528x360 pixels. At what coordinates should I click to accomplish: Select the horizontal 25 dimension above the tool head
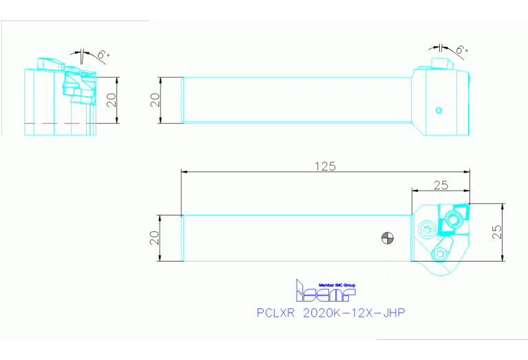441,184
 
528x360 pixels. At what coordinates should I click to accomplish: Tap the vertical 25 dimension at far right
515,232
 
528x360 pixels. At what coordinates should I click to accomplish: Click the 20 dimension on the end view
112,100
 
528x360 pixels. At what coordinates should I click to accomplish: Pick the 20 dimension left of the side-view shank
155,100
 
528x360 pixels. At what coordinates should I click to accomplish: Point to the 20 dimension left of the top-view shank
155,237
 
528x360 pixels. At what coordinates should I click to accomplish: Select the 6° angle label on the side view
461,50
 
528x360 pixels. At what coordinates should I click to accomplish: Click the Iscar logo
325,293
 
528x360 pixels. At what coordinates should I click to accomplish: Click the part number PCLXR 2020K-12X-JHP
330,313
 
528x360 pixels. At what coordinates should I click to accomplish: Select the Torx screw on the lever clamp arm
441,255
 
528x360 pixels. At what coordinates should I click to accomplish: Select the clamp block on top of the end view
50,63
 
